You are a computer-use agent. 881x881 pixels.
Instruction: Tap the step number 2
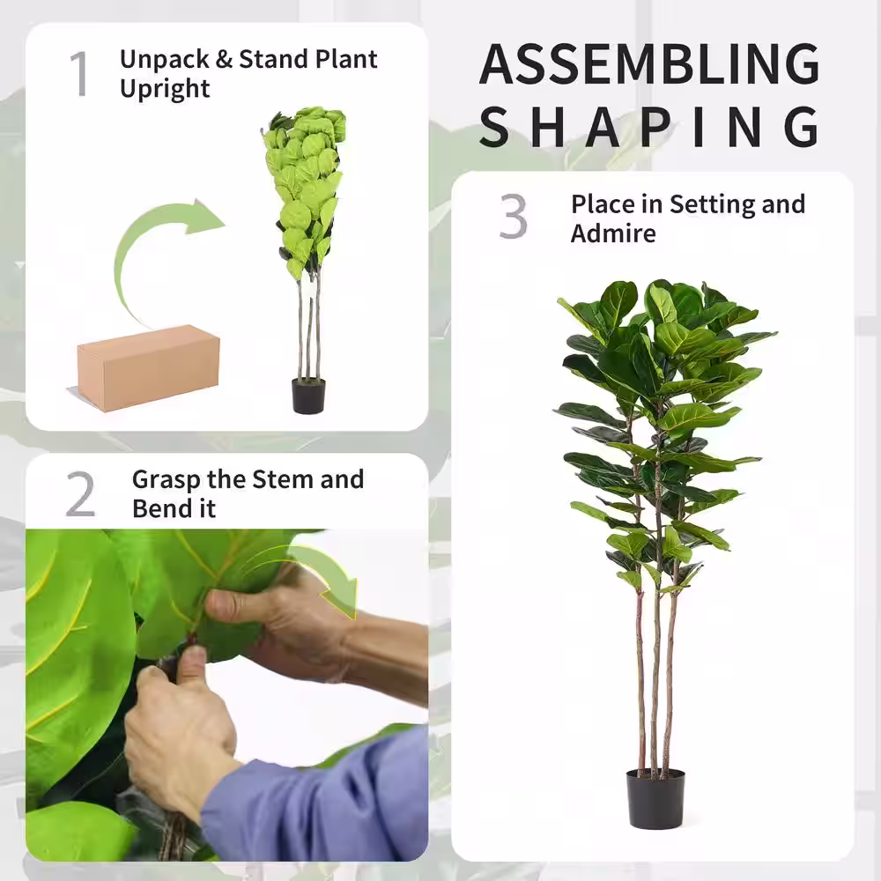[80, 494]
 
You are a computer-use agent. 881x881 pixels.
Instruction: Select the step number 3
[513, 217]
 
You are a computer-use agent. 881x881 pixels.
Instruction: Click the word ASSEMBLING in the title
[649, 63]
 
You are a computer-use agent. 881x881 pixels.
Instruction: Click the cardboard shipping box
[148, 368]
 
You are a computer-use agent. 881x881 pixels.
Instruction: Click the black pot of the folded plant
[308, 396]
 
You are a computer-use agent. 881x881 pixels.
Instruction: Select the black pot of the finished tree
[655, 798]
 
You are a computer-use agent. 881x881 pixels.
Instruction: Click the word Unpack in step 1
[165, 59]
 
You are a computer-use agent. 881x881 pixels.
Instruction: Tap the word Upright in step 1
[165, 89]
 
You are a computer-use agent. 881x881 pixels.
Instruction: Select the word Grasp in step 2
[167, 480]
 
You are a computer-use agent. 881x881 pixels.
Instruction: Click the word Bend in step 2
[159, 508]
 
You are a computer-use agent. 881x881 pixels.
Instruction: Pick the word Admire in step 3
[613, 233]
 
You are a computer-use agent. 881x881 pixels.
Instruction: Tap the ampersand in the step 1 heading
[224, 59]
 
